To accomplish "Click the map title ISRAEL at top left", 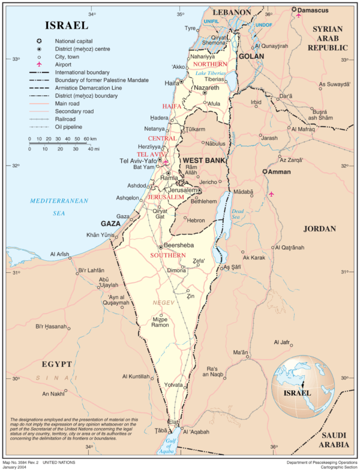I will [x=66, y=25].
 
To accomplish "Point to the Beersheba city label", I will [x=178, y=246].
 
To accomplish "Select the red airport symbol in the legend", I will [x=39, y=64].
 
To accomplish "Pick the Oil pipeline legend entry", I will [x=68, y=126].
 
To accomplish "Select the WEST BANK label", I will [x=204, y=161].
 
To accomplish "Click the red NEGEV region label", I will [x=163, y=303].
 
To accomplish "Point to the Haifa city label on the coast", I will [x=172, y=83].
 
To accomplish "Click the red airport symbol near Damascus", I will [x=299, y=15].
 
